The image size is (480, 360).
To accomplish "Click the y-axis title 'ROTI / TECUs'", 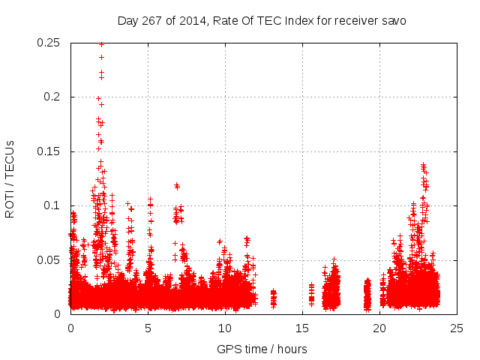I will pos(10,178).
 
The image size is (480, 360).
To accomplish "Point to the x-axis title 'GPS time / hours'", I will pos(262,349).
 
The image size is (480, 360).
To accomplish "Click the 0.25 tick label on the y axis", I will pos(49,43).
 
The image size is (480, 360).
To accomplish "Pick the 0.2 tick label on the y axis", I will pos(55,97).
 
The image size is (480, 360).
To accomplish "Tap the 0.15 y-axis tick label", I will pos(49,151).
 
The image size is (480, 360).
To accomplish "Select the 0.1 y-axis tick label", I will pos(55,205).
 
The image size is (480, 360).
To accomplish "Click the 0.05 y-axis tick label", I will pos(49,260).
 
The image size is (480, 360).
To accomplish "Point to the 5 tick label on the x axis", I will pos(148,328).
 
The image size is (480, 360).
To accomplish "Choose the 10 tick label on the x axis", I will pos(225,328).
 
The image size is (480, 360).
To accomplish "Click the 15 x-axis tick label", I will pos(302,328).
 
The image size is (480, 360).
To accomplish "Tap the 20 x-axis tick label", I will pos(379,328).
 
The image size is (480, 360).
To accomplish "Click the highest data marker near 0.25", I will pos(101,44).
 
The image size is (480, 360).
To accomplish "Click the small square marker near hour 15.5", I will pos(311,298).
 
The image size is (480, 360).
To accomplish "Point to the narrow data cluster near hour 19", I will pos(367,295).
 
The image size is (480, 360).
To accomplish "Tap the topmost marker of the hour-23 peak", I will pos(423,164).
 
